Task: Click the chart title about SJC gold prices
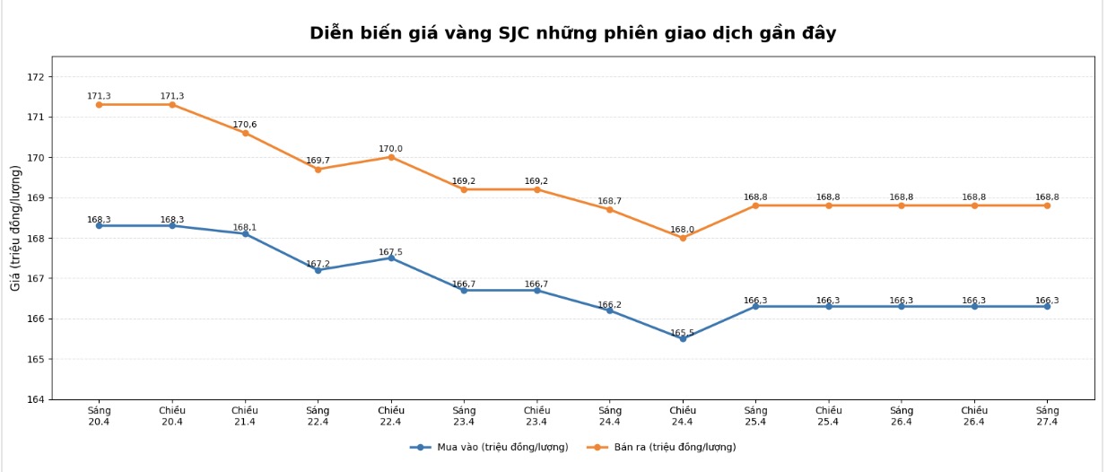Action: pos(572,33)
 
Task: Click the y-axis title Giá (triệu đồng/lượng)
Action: pos(16,228)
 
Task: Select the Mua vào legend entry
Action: pos(490,447)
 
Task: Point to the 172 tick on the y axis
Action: pos(36,77)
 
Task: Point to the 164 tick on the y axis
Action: pos(36,399)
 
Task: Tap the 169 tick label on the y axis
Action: pos(36,197)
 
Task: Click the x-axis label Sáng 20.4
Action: pos(99,415)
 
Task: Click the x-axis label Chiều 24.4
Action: pos(683,415)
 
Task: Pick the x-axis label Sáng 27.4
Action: pos(1047,415)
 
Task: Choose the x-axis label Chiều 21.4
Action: pos(245,415)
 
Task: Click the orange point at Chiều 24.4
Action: pos(683,238)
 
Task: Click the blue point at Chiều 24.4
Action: pos(683,338)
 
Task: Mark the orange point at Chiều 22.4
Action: pos(391,157)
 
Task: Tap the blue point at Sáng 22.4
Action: pos(318,270)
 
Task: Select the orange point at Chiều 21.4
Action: pos(245,133)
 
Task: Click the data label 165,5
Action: pos(683,333)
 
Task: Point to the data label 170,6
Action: pos(245,125)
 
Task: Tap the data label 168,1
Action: pos(245,228)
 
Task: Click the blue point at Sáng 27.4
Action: pos(1047,306)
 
